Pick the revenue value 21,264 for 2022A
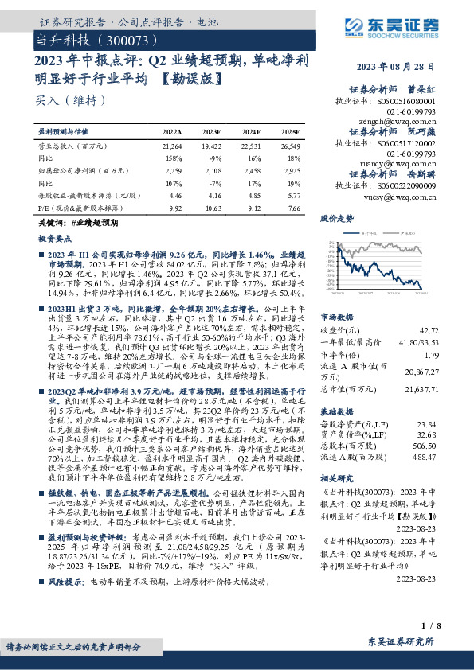click(x=171, y=146)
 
